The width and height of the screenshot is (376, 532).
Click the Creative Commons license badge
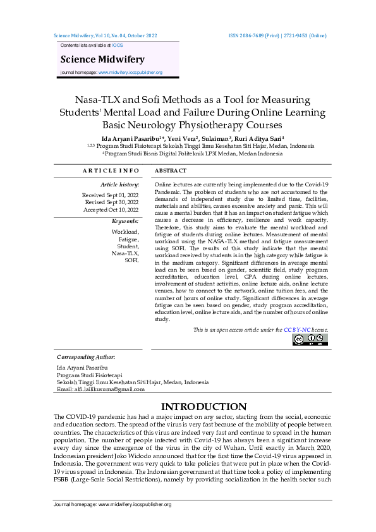pos(310,340)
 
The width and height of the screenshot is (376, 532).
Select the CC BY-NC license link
pos(297,330)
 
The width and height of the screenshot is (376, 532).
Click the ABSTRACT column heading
pos(171,171)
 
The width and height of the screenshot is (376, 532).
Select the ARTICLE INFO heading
pos(111,171)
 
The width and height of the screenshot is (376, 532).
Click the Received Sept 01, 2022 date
pos(111,195)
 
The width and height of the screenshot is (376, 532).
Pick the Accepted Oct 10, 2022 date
pos(111,209)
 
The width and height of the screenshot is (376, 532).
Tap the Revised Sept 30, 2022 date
pos(112,202)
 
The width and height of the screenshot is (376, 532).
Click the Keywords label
pos(125,221)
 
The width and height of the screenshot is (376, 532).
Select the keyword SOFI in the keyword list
pos(131,260)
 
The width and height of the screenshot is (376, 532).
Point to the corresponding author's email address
pos(100,389)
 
